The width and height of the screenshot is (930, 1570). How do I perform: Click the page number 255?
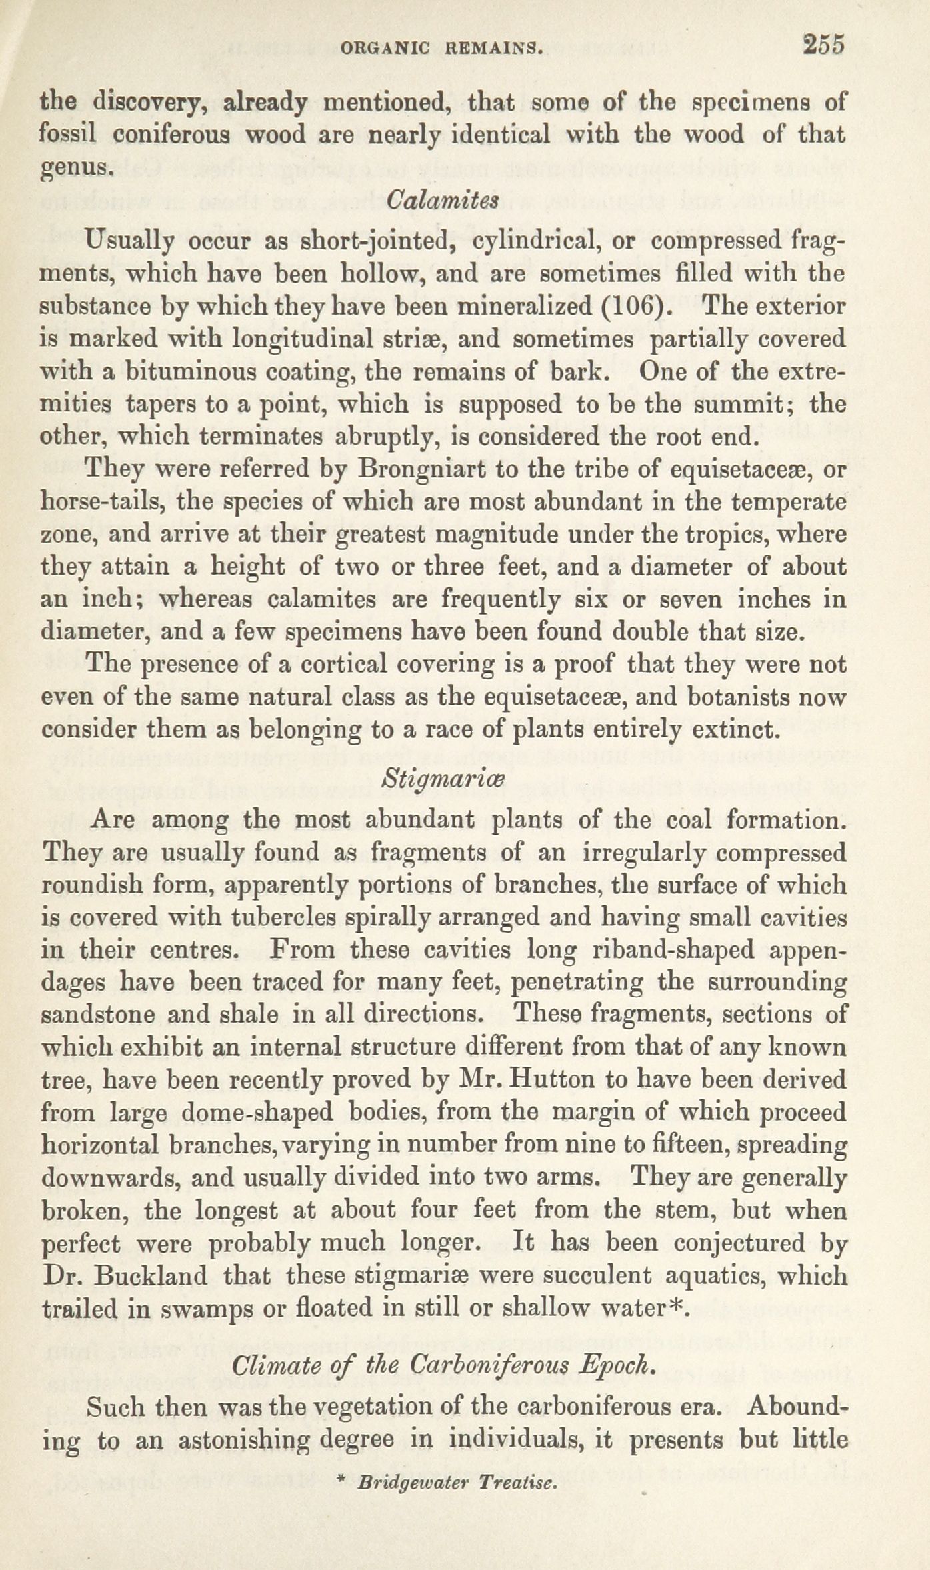[824, 45]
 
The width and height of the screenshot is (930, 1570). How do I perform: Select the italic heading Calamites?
[443, 200]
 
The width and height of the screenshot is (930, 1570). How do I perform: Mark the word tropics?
[721, 535]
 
